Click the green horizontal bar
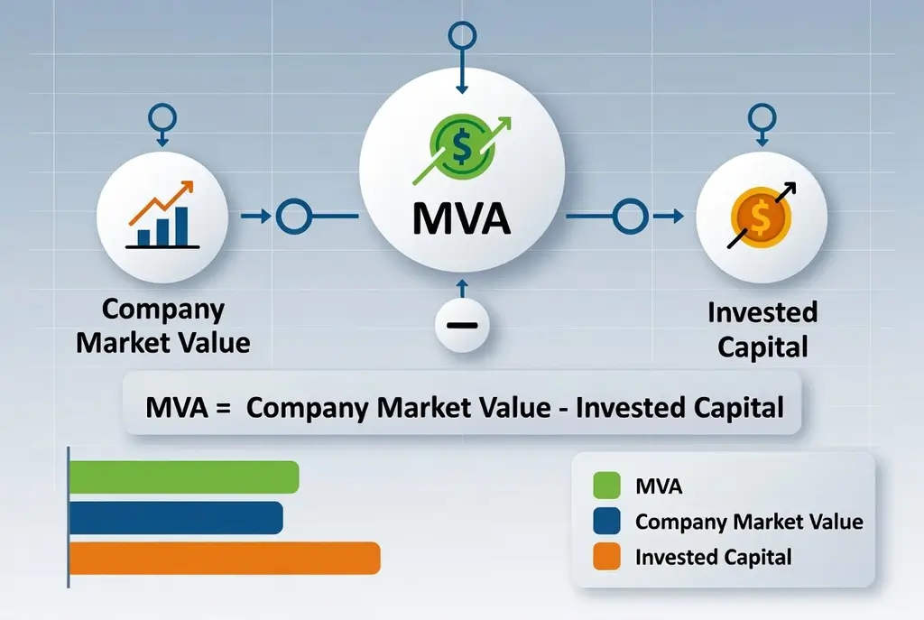pyautogui.click(x=184, y=477)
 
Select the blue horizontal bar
pyautogui.click(x=176, y=517)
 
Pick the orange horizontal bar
pyautogui.click(x=225, y=558)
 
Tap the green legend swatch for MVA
pyautogui.click(x=606, y=486)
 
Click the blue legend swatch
pyautogui.click(x=606, y=521)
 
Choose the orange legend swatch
pyautogui.click(x=606, y=556)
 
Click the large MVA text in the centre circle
pyautogui.click(x=461, y=218)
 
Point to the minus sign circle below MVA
pyautogui.click(x=462, y=325)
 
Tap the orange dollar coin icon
pyautogui.click(x=760, y=217)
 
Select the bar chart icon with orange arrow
pyautogui.click(x=162, y=215)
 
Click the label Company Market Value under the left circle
pyautogui.click(x=163, y=326)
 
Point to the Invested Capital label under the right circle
pyautogui.click(x=762, y=329)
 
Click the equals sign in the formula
pyautogui.click(x=223, y=407)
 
